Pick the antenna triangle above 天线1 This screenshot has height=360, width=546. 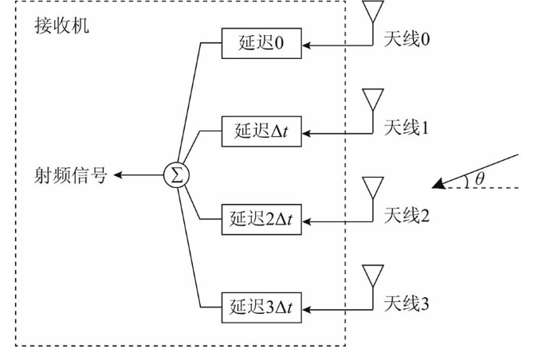tap(372, 99)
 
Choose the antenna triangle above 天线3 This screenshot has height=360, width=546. tap(372, 276)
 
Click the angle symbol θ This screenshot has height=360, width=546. tap(479, 178)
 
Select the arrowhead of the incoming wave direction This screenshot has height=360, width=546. tap(438, 186)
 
